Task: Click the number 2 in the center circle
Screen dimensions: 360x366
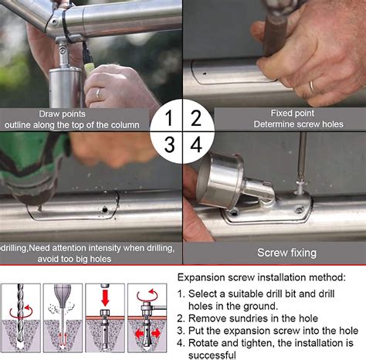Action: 195,118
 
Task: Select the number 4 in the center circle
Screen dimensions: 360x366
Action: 196,144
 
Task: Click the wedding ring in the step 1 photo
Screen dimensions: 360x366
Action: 97,93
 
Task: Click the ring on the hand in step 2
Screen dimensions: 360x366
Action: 312,87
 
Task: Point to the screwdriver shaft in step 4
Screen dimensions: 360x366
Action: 301,162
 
